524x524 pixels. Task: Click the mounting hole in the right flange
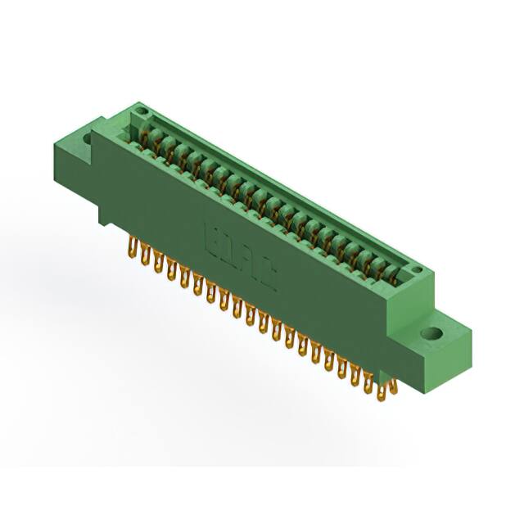tap(431, 334)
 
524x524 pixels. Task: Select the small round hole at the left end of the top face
tap(141, 111)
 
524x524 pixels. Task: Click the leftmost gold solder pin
tap(132, 247)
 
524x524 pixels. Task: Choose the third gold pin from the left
tap(158, 263)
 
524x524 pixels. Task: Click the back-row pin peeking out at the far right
tap(394, 385)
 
